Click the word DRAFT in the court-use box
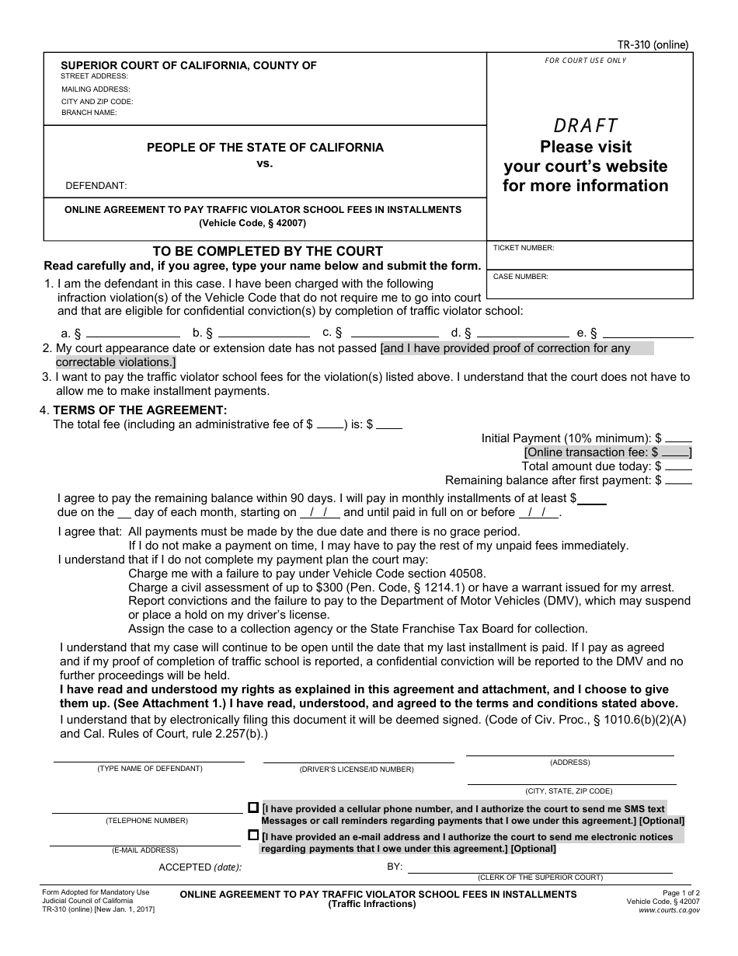586,125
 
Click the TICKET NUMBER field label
524,247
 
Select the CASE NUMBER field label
520,276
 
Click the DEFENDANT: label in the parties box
96,186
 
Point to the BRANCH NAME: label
89,113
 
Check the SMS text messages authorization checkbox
253,808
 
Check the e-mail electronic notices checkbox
253,836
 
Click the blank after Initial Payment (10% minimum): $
678,438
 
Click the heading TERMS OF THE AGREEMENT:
140,410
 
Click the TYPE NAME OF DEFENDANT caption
149,769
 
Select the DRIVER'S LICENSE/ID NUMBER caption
357,769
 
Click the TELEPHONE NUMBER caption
147,821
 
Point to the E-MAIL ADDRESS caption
145,850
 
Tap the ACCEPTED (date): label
200,867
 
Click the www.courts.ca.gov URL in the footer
669,909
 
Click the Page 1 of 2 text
681,893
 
